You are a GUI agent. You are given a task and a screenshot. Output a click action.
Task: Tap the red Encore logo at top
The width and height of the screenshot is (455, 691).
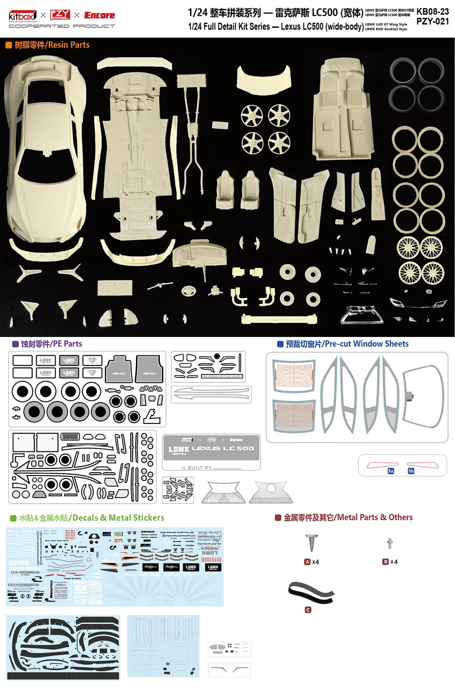point(99,15)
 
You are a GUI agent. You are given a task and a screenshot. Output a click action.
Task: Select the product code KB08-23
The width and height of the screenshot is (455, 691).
point(433,11)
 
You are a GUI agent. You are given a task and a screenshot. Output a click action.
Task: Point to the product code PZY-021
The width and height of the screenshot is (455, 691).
point(433,21)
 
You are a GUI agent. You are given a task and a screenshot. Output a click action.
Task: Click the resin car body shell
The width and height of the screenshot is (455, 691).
point(46,148)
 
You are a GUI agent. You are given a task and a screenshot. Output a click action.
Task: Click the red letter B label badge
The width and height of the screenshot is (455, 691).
point(386,562)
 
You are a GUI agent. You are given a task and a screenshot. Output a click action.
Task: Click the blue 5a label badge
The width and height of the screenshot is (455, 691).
point(391,471)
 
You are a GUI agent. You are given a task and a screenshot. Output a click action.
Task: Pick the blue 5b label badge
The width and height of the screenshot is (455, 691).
point(411,471)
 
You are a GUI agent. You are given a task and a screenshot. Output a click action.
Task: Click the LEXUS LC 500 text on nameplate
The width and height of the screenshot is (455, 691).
point(223,448)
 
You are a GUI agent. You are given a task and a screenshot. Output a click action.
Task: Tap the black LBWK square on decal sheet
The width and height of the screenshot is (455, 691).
point(191,567)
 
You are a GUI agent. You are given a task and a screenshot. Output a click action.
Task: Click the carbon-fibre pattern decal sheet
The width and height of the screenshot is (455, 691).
point(63,647)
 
